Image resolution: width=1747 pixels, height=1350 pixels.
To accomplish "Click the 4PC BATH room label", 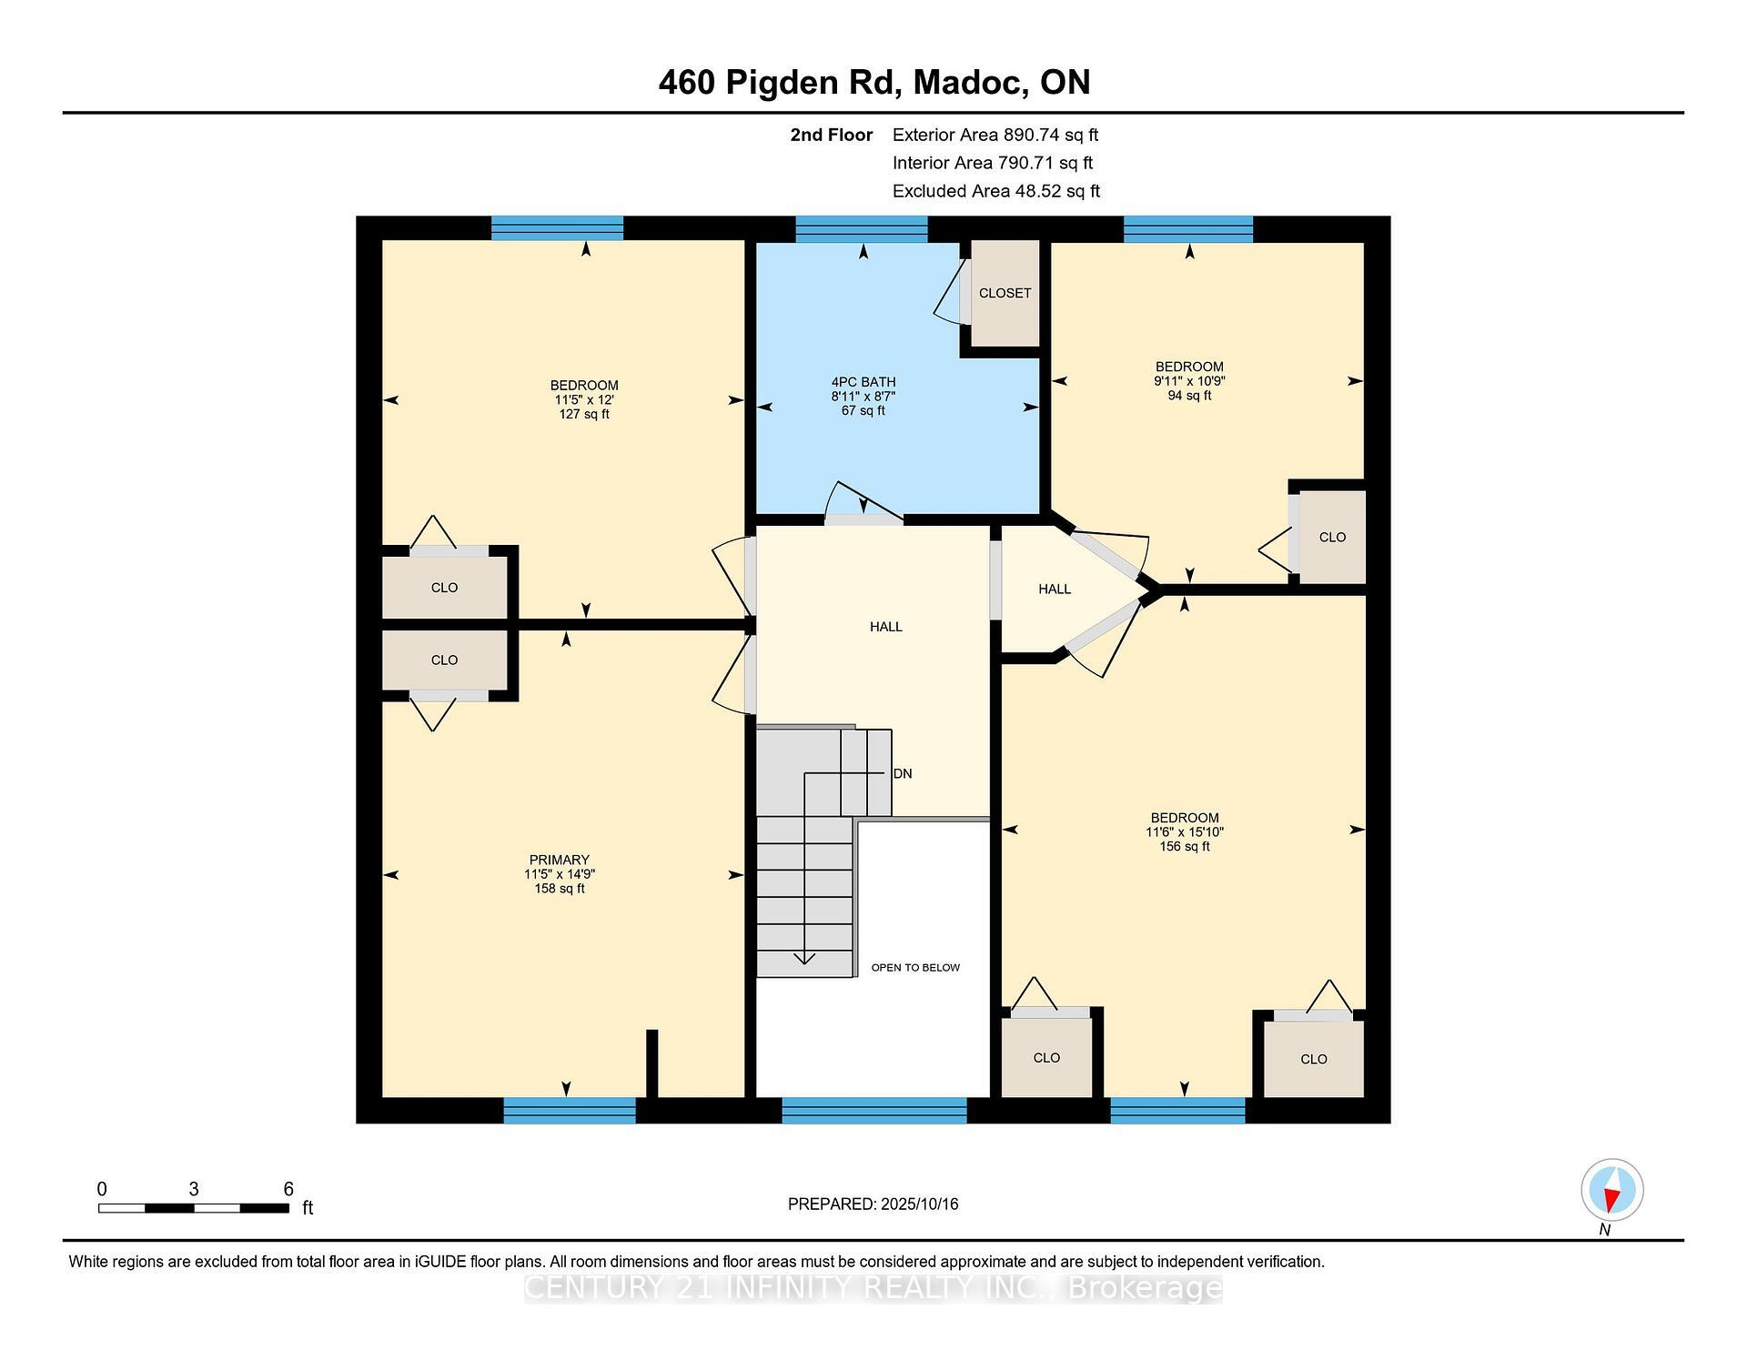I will pyautogui.click(x=863, y=382).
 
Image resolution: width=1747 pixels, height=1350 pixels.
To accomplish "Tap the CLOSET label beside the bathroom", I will pyautogui.click(x=1005, y=293).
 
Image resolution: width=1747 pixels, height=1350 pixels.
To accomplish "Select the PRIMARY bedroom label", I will pyautogui.click(x=560, y=860).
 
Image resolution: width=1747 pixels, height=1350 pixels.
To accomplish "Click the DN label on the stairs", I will pyautogui.click(x=903, y=774).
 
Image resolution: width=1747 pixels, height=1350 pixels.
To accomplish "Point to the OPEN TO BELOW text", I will pyautogui.click(x=915, y=967).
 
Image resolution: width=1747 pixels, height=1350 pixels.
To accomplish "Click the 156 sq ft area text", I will pyautogui.click(x=1184, y=847).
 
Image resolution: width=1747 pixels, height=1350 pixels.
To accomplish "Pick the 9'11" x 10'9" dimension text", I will pyautogui.click(x=1189, y=381).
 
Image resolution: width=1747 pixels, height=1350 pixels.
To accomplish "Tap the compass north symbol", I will pyautogui.click(x=1612, y=1190).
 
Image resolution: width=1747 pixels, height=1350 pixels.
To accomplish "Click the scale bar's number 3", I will pyautogui.click(x=194, y=1189).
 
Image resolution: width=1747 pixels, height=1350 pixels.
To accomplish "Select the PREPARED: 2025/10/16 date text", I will pyautogui.click(x=873, y=1204).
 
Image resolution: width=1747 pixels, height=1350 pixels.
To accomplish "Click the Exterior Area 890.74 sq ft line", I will pyautogui.click(x=995, y=135).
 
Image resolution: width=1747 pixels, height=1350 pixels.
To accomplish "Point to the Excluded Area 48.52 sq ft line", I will pyautogui.click(x=995, y=191).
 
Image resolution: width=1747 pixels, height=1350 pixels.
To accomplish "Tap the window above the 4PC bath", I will pyautogui.click(x=861, y=228).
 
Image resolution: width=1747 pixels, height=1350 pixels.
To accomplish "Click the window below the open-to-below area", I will pyautogui.click(x=873, y=1111).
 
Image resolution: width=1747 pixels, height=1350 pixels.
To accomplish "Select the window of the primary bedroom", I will pyautogui.click(x=570, y=1111).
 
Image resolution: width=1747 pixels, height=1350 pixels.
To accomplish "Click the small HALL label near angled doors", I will pyautogui.click(x=1055, y=589).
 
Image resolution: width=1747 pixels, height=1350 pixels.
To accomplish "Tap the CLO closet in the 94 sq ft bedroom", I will pyautogui.click(x=1332, y=538).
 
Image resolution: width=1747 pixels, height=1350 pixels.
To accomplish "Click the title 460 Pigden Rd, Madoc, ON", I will pyautogui.click(x=873, y=83).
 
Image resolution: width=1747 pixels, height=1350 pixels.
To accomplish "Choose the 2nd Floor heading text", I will pyautogui.click(x=831, y=135).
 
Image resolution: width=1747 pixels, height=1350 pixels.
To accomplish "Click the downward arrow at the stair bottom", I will pyautogui.click(x=804, y=957).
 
